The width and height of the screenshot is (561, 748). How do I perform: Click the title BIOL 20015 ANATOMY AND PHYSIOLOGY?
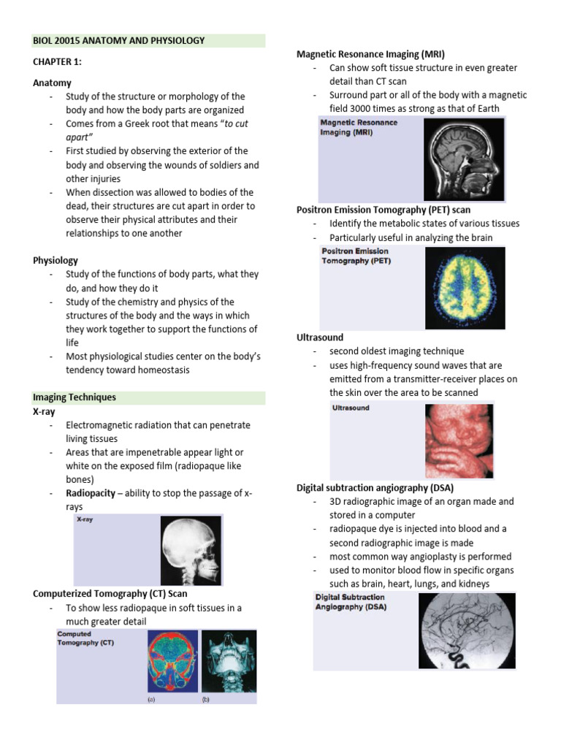click(119, 41)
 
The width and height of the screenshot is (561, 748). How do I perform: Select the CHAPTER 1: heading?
click(57, 62)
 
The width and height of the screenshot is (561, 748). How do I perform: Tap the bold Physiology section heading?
click(56, 260)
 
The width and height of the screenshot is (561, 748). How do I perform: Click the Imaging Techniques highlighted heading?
click(75, 397)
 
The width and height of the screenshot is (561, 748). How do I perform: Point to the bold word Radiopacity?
click(91, 493)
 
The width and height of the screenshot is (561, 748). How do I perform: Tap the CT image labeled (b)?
click(229, 661)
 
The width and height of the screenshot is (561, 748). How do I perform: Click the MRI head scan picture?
click(465, 159)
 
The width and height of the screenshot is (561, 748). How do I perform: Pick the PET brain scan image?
click(465, 288)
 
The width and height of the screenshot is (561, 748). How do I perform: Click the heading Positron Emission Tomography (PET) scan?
click(383, 210)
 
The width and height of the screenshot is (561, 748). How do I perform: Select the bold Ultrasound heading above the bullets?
click(320, 337)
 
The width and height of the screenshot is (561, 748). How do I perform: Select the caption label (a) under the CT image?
click(151, 699)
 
